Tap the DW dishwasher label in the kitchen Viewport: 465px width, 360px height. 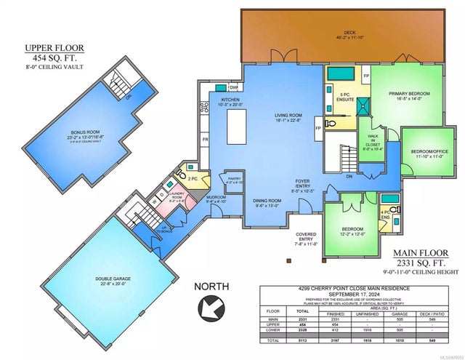[233, 87]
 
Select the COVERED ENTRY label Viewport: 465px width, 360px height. [304, 237]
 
